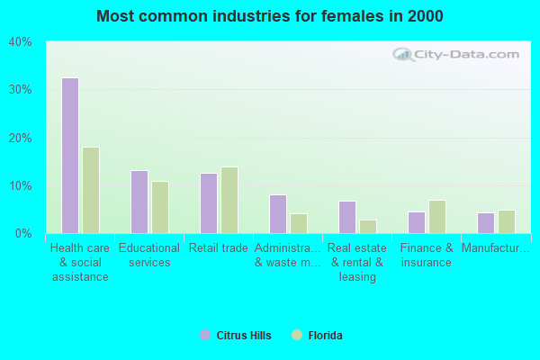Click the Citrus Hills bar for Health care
point(70,156)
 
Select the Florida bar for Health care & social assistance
point(91,190)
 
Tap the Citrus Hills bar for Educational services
point(139,202)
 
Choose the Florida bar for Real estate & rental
point(368,227)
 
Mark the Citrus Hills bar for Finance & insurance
point(417,222)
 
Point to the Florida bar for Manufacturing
point(507,221)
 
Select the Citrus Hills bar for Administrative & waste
point(278,214)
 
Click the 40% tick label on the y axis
point(20,42)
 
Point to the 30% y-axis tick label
point(20,90)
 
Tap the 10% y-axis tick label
point(20,186)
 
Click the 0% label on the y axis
point(23,234)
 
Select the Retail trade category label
point(219,248)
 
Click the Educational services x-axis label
point(149,256)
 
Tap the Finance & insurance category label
point(427,256)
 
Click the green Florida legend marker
point(297,336)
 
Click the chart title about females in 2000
point(270,16)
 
